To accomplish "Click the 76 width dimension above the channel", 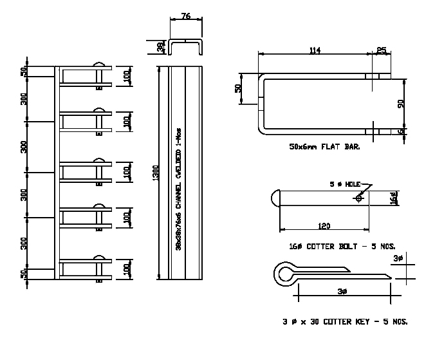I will pos(186,15).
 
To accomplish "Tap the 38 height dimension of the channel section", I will pos(160,48).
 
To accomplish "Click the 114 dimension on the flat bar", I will pos(313,50).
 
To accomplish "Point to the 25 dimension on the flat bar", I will pos(382,50).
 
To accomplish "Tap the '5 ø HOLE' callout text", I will pos(345,185).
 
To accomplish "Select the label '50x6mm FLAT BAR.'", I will pos(325,147).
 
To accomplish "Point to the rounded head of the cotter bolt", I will pos(275,198).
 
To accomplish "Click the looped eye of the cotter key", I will pos(284,274).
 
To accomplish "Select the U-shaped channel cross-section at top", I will pos(186,47).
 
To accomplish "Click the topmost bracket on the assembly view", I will pos(87,75).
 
